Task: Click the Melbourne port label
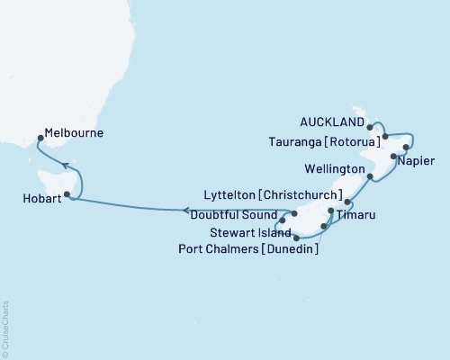point(76,133)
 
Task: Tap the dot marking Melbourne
point(40,139)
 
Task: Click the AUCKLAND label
point(333,121)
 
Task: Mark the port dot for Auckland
point(371,127)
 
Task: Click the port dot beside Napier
point(393,157)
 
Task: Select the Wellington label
point(334,168)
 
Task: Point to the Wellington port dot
point(370,176)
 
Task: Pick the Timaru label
point(358,217)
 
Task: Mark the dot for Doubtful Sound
point(283,219)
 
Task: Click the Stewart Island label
point(247,232)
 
